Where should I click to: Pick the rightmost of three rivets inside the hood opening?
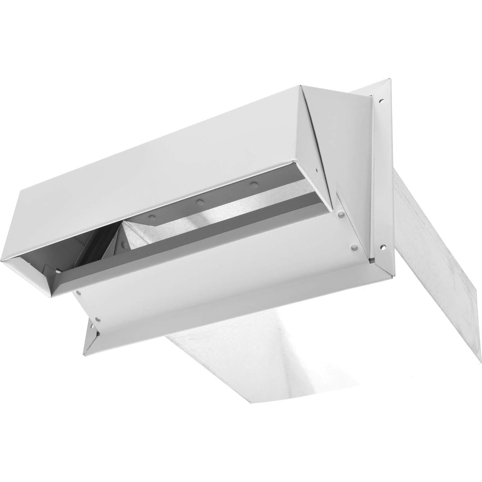[255, 184]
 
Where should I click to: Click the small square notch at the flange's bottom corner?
[372, 258]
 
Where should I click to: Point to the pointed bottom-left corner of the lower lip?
[84, 355]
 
